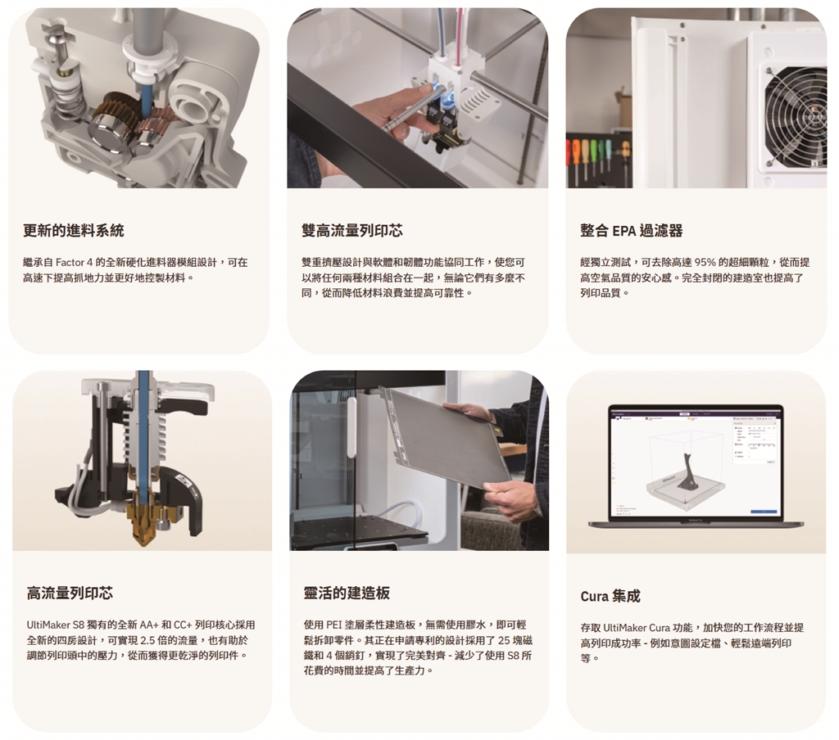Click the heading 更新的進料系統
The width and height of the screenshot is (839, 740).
pos(73,231)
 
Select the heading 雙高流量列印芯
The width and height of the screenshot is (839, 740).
pos(352,231)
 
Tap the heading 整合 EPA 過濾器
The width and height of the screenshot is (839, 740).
pos(632,231)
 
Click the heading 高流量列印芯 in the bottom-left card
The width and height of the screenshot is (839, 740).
pos(70,593)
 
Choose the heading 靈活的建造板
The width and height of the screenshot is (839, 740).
pos(347,593)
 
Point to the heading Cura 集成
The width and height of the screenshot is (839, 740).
pos(610,596)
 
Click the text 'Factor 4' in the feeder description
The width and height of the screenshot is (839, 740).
pos(75,263)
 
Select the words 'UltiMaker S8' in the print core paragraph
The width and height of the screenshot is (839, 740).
pos(56,625)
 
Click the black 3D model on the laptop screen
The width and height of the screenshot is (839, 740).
pos(687,472)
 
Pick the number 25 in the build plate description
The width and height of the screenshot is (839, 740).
pos(504,641)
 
